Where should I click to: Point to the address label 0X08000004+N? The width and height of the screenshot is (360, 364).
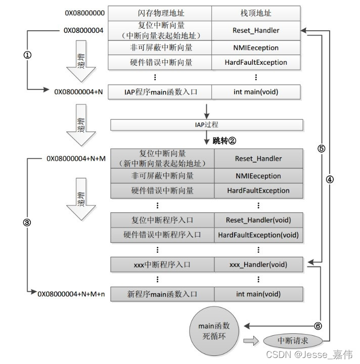tap(78, 92)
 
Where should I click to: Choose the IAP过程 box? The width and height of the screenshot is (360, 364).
tap(207, 124)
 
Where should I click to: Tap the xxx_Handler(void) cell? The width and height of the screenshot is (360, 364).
tap(258, 264)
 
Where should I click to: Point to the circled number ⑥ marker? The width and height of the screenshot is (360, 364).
tap(318, 325)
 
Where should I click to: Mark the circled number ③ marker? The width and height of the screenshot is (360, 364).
tap(28, 222)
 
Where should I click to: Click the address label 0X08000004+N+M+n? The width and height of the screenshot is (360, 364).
tap(71, 294)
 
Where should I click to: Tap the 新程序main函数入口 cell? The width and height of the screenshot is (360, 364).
tap(162, 294)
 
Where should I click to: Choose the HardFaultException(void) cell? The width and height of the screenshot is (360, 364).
tap(258, 235)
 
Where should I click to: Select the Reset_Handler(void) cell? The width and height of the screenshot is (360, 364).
tap(258, 220)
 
